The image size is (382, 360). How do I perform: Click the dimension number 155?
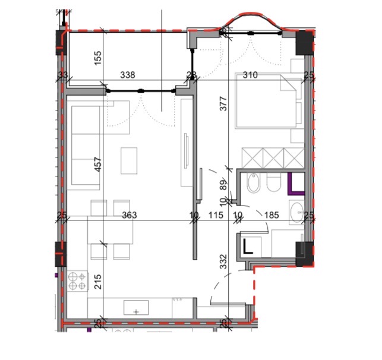tap(97, 58)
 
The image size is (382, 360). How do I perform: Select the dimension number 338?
tap(128, 75)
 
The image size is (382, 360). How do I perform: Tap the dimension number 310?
tap(250, 75)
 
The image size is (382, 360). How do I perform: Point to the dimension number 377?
tap(223, 104)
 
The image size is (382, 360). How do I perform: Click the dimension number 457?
tap(97, 165)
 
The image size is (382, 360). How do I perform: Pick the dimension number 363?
tap(130, 215)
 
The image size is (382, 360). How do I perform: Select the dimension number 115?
tap(216, 215)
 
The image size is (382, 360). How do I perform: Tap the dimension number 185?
tap(271, 215)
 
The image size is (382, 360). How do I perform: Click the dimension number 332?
tap(223, 261)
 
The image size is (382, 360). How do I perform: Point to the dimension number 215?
tap(97, 282)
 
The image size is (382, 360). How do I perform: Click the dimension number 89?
tap(223, 185)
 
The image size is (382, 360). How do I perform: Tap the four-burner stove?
tap(78, 281)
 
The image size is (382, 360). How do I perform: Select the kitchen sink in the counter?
tap(136, 307)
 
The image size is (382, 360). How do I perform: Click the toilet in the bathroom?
tap(274, 182)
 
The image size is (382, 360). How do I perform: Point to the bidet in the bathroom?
tap(254, 183)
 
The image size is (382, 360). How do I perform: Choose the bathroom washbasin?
tap(297, 213)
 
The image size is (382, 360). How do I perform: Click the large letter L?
tap(248, 247)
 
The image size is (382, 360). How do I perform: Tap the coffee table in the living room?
tap(129, 160)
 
